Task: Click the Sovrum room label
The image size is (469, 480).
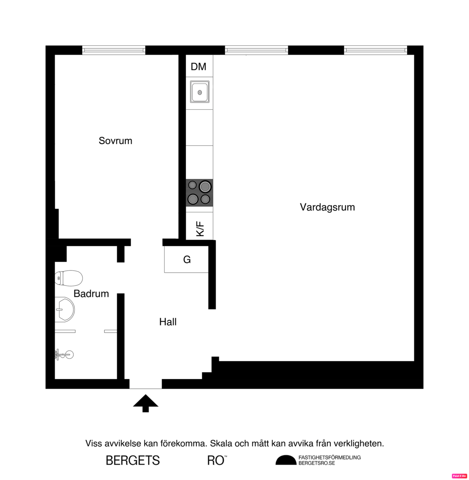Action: tap(115, 141)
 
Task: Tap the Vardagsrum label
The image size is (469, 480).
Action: tap(327, 207)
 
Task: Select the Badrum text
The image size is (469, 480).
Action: tap(91, 293)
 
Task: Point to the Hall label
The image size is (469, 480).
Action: tap(168, 322)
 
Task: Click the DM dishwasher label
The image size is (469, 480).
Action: tap(198, 67)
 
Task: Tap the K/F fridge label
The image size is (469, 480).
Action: tap(200, 229)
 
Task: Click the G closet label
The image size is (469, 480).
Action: tap(187, 260)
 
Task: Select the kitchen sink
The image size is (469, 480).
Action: tap(199, 92)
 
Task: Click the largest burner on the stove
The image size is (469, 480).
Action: tap(205, 187)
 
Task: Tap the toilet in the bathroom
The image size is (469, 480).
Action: tap(69, 278)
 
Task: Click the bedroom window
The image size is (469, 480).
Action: tap(114, 50)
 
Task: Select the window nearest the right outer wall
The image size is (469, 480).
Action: tap(375, 50)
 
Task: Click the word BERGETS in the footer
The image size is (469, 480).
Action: tap(133, 460)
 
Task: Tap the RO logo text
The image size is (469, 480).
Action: tap(216, 460)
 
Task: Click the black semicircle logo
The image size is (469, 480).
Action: tap(286, 460)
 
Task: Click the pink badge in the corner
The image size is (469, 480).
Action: tap(459, 476)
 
